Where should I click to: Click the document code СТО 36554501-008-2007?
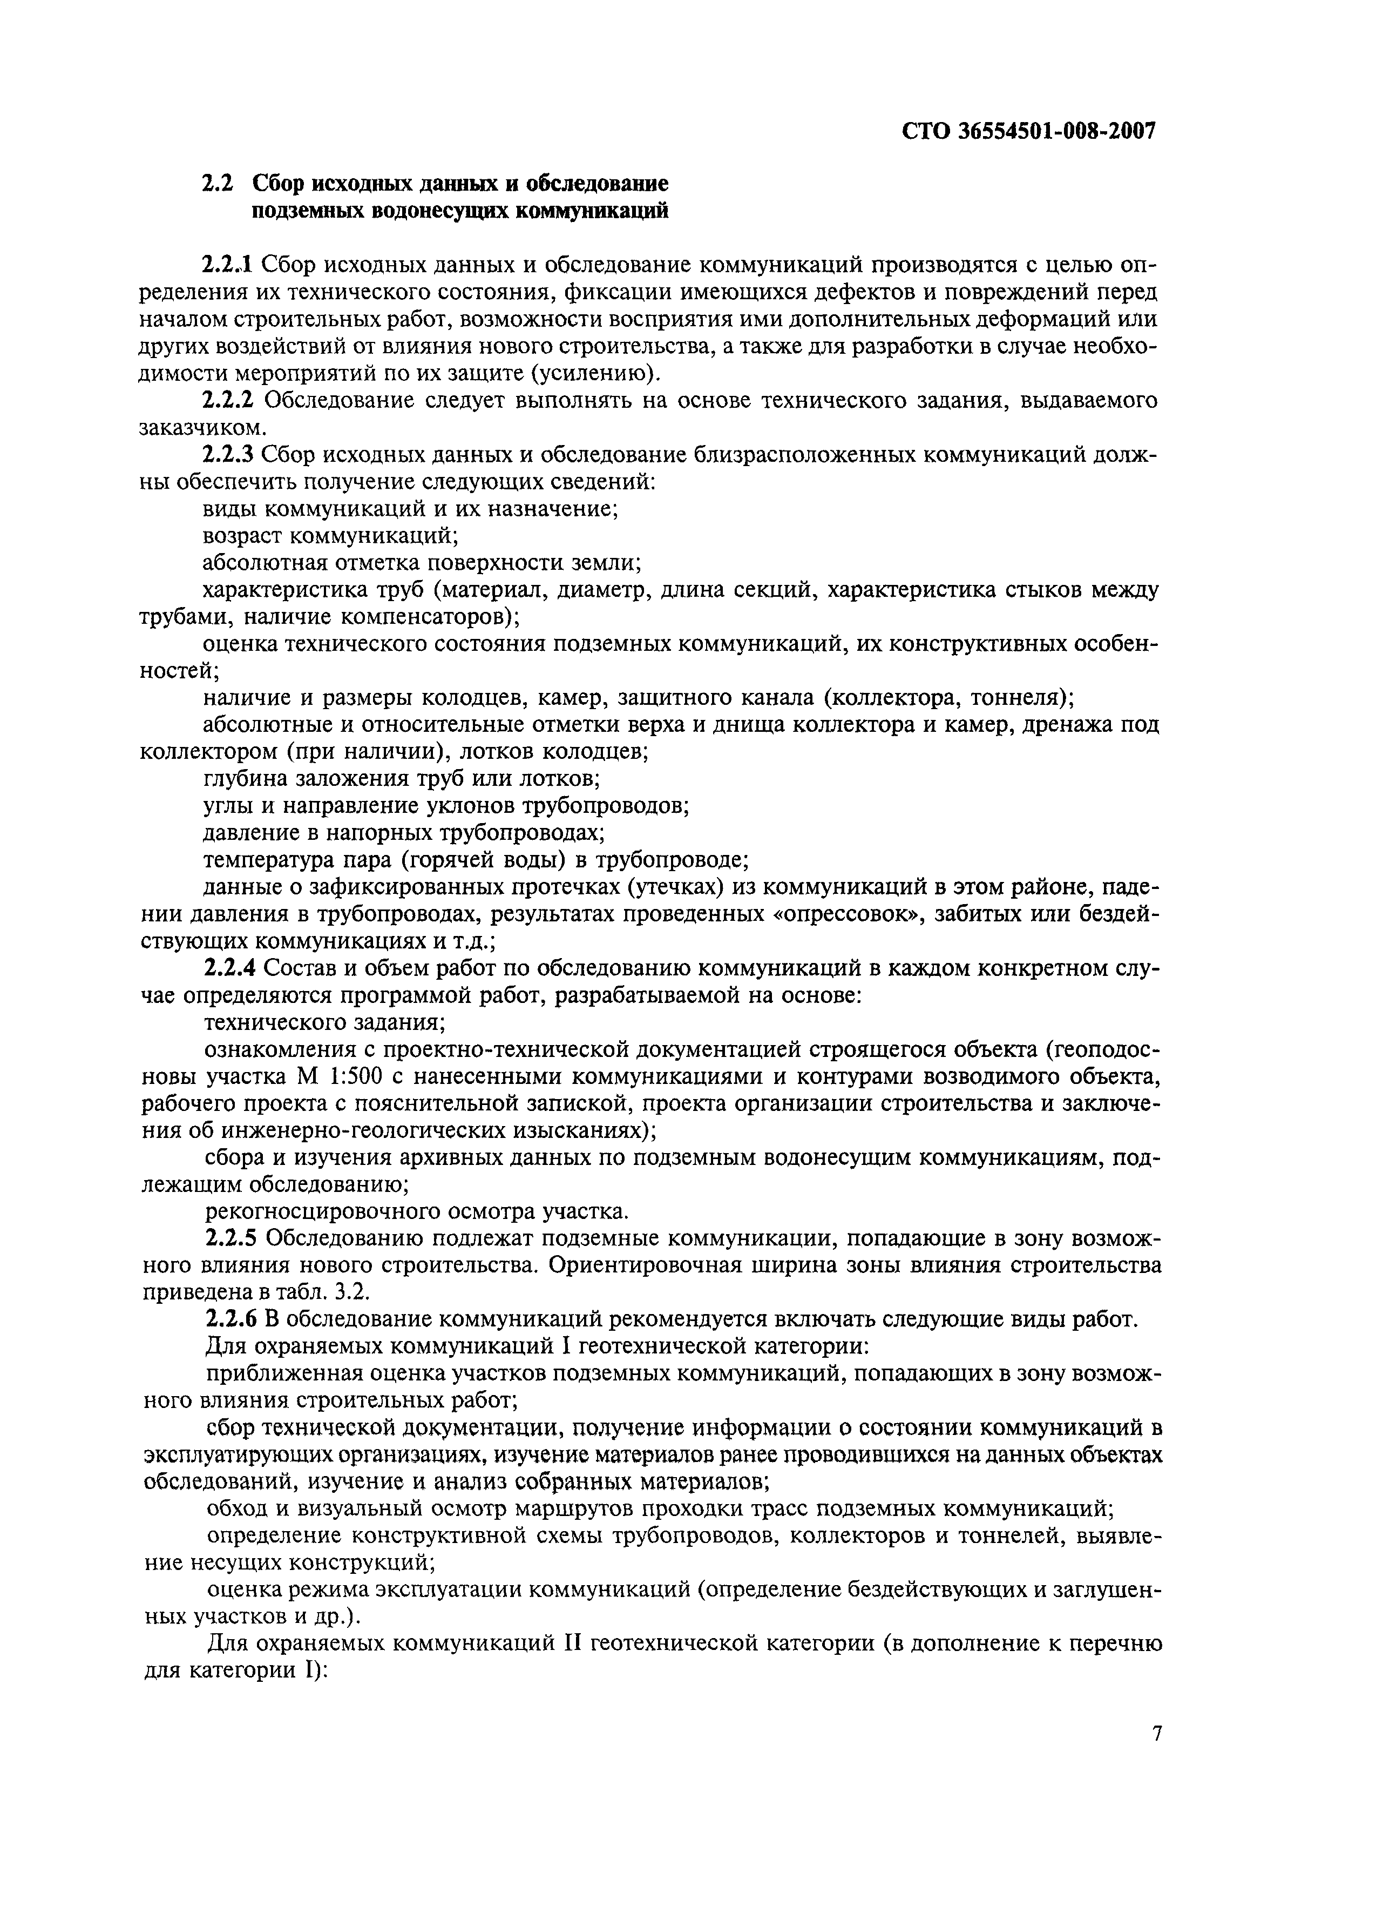pos(1028,131)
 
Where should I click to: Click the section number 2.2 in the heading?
pos(216,184)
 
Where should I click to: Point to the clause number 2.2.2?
pos(228,400)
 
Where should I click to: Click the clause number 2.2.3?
pos(228,455)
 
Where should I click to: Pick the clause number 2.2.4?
pos(228,968)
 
